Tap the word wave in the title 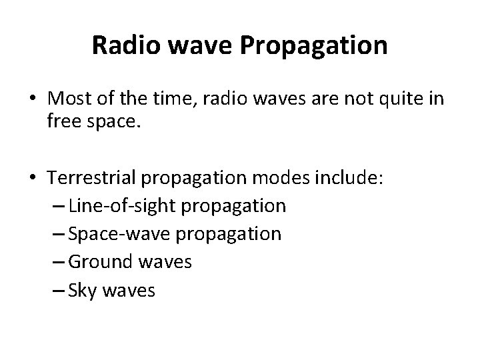coord(186,46)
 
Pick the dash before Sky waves coord(57,291)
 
